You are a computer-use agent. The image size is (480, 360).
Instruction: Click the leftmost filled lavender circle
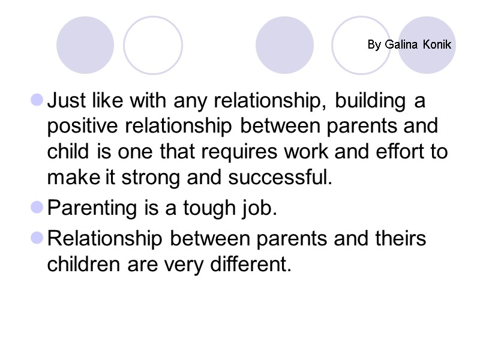85,45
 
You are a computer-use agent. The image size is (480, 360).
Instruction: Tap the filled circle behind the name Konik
427,45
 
